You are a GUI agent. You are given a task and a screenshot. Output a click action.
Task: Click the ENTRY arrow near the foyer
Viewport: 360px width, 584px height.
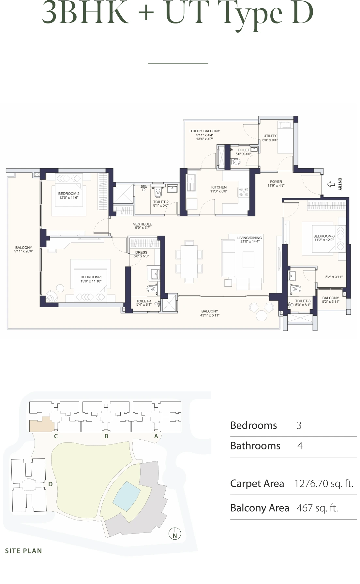[331, 184]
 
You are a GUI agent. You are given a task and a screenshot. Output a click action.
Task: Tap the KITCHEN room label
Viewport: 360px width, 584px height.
[219, 187]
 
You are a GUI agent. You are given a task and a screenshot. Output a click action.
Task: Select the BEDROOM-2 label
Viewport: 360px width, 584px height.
[69, 194]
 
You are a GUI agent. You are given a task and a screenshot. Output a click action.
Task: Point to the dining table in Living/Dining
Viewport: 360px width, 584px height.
[189, 261]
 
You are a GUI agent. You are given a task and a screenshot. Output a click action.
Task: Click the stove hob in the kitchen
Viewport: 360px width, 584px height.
[243, 192]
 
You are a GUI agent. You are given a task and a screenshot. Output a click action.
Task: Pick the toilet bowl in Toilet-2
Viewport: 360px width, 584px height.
[158, 194]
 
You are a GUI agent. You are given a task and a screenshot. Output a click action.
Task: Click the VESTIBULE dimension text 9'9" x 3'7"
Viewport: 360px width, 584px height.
[142, 228]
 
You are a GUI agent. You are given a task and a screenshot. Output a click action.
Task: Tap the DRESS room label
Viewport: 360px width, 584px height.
[141, 252]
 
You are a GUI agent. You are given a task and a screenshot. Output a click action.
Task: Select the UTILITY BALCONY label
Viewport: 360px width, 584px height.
[205, 131]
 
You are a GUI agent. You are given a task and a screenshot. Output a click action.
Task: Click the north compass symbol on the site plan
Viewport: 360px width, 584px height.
[175, 535]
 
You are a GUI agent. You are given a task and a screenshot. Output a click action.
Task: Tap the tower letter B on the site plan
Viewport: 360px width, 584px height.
[106, 436]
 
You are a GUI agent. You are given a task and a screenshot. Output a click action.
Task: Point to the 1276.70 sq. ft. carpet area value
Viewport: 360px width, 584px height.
[323, 484]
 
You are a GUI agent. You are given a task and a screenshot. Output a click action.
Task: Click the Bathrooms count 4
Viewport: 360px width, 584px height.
[300, 446]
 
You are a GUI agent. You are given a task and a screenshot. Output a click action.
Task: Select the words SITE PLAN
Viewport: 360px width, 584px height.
[23, 551]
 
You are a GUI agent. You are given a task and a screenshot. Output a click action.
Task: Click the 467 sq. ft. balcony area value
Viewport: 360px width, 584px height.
[317, 508]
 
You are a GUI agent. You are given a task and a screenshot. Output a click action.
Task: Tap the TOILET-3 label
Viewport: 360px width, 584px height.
[303, 301]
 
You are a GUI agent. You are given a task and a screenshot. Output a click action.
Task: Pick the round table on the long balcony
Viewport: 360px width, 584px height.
[262, 315]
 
